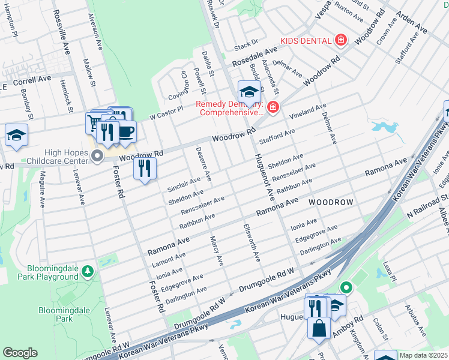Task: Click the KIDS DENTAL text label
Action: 306,40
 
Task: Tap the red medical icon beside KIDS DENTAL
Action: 341,40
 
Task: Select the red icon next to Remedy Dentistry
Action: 273,107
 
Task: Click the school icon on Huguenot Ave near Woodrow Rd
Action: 249,92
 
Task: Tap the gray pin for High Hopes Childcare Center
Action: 98,157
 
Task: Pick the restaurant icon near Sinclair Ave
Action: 145,167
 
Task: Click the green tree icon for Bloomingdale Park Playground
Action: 88,272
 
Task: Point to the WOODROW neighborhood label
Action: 331,203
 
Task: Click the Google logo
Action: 20,352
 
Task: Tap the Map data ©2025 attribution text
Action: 423,355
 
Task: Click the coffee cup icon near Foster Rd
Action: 125,131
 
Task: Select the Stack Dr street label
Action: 246,44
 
